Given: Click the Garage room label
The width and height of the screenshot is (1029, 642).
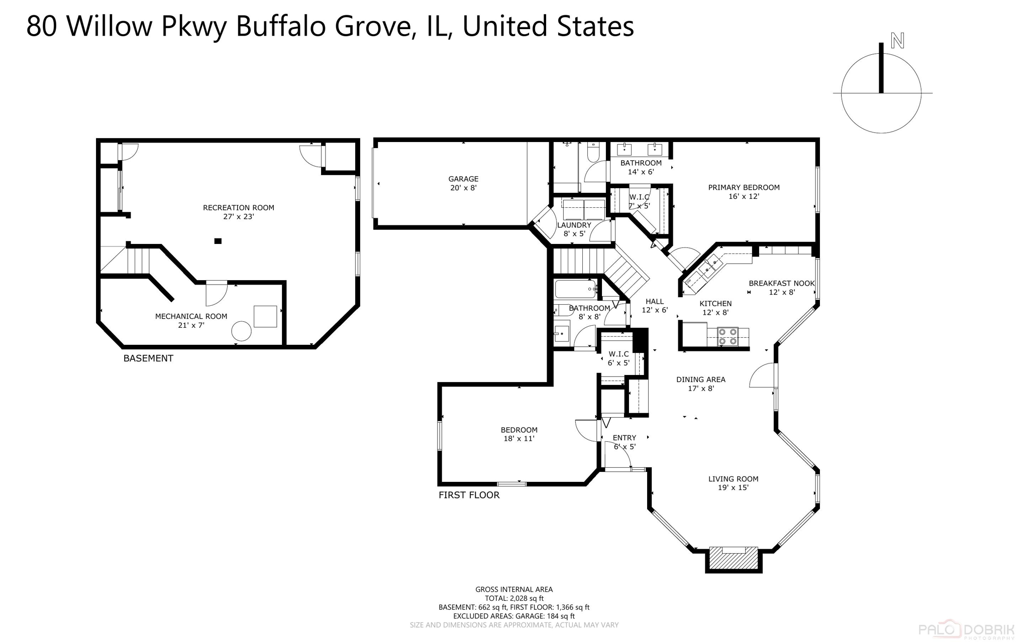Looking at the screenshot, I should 463,179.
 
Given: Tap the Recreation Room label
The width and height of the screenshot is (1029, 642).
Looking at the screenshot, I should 238,208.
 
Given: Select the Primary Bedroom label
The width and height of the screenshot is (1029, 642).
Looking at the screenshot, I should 744,188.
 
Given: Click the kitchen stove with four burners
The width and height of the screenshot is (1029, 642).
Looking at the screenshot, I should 727,336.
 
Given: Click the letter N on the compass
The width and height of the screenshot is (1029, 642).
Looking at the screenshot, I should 897,41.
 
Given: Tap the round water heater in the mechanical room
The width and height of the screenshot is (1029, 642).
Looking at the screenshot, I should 241,331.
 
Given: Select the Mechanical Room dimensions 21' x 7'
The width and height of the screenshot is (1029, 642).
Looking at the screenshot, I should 191,325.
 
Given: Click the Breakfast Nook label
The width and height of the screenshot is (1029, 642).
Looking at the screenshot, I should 781,284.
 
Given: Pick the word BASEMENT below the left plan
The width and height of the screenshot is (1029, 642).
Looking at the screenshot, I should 148,358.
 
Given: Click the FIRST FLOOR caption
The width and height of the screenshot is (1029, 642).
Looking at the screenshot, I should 469,495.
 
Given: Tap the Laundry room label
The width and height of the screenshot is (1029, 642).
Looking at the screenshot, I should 574,225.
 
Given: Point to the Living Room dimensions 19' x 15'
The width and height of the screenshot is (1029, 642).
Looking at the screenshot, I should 733,487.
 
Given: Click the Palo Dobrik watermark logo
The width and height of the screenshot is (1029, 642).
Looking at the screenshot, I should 966,630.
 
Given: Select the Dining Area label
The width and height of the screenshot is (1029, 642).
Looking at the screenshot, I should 700,380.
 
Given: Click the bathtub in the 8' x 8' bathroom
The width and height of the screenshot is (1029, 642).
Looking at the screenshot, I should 576,289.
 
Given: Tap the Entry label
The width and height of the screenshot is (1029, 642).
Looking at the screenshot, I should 624,438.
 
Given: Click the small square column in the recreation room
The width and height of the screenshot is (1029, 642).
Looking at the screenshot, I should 218,241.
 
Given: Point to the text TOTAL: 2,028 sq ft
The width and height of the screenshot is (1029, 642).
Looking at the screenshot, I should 514,598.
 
